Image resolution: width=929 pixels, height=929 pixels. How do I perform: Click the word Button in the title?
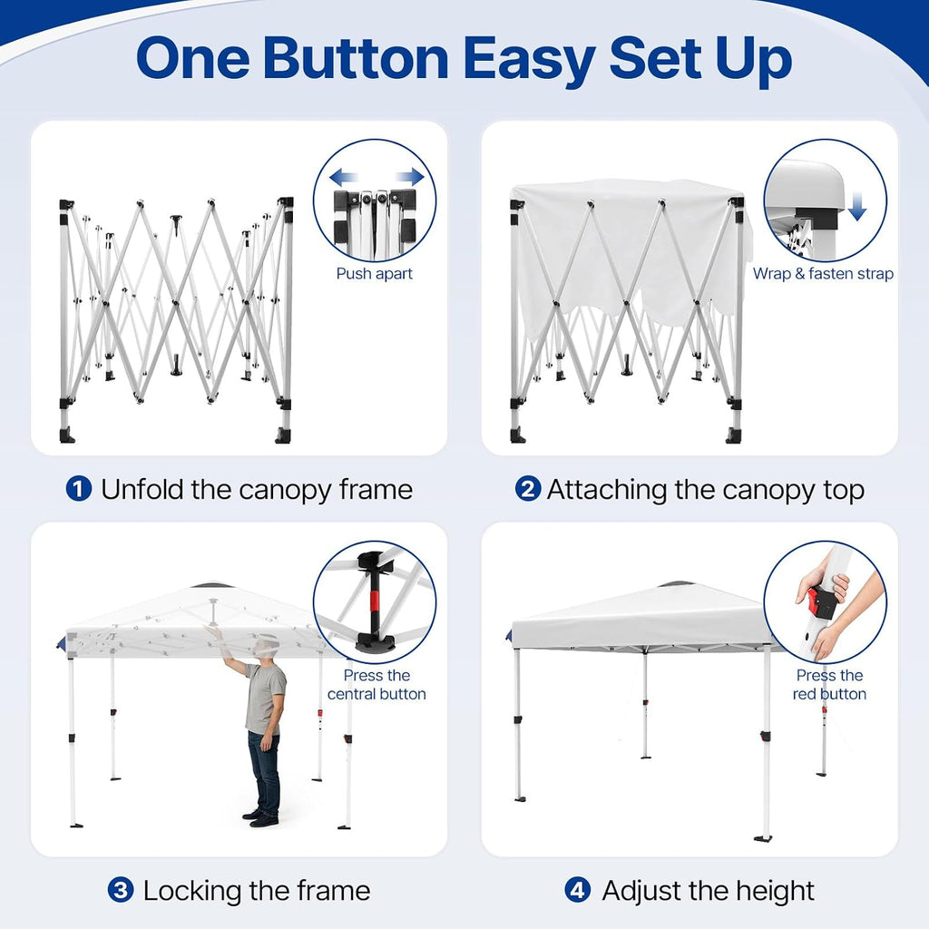356,59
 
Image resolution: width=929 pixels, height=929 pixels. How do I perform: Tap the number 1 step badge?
78,489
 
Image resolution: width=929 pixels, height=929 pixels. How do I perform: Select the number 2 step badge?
527,489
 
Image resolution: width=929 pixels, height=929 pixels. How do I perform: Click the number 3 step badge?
121,890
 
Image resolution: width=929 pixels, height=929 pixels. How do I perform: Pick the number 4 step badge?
578,890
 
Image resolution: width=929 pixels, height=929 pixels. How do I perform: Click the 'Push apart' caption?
375,274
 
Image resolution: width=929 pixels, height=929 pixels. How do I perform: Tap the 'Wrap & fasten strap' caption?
823,274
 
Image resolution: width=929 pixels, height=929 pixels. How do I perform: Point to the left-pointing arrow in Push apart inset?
344,177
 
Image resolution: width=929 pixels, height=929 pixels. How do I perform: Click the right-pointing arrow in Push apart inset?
410,177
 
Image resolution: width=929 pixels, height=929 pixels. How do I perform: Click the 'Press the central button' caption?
376,684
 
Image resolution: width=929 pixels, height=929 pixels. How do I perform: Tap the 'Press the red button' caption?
829,684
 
